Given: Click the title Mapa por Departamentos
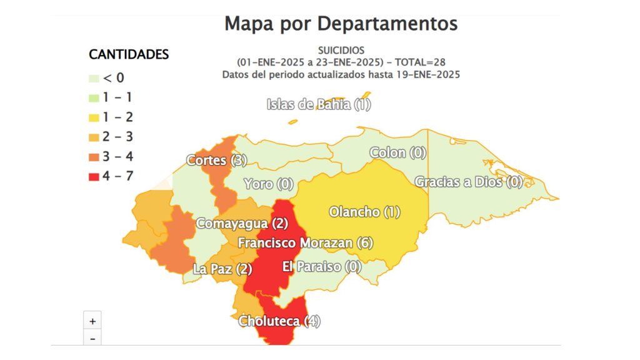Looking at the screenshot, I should tap(341, 24).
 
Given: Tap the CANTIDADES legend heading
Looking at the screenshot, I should tap(129, 54).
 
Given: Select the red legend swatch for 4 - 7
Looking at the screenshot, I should tap(94, 176).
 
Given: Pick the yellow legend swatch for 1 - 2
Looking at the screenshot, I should tap(94, 117).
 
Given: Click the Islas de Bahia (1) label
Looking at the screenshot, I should tap(319, 104).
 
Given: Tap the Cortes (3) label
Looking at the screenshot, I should tap(216, 161).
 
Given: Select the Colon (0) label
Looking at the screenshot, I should tap(397, 152).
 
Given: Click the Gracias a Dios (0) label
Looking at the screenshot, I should tap(468, 182).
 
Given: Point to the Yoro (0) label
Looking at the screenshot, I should tap(268, 184).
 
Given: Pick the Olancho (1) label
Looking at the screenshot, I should tap(364, 212).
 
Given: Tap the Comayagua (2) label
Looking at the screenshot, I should tap(242, 223).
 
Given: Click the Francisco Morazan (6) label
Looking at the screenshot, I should tap(305, 242).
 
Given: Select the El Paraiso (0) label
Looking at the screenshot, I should tap(322, 266).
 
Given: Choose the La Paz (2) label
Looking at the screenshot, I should tap(222, 269).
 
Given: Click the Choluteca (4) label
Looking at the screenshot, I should tap(279, 321).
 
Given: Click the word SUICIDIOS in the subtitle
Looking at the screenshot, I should tap(341, 50).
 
